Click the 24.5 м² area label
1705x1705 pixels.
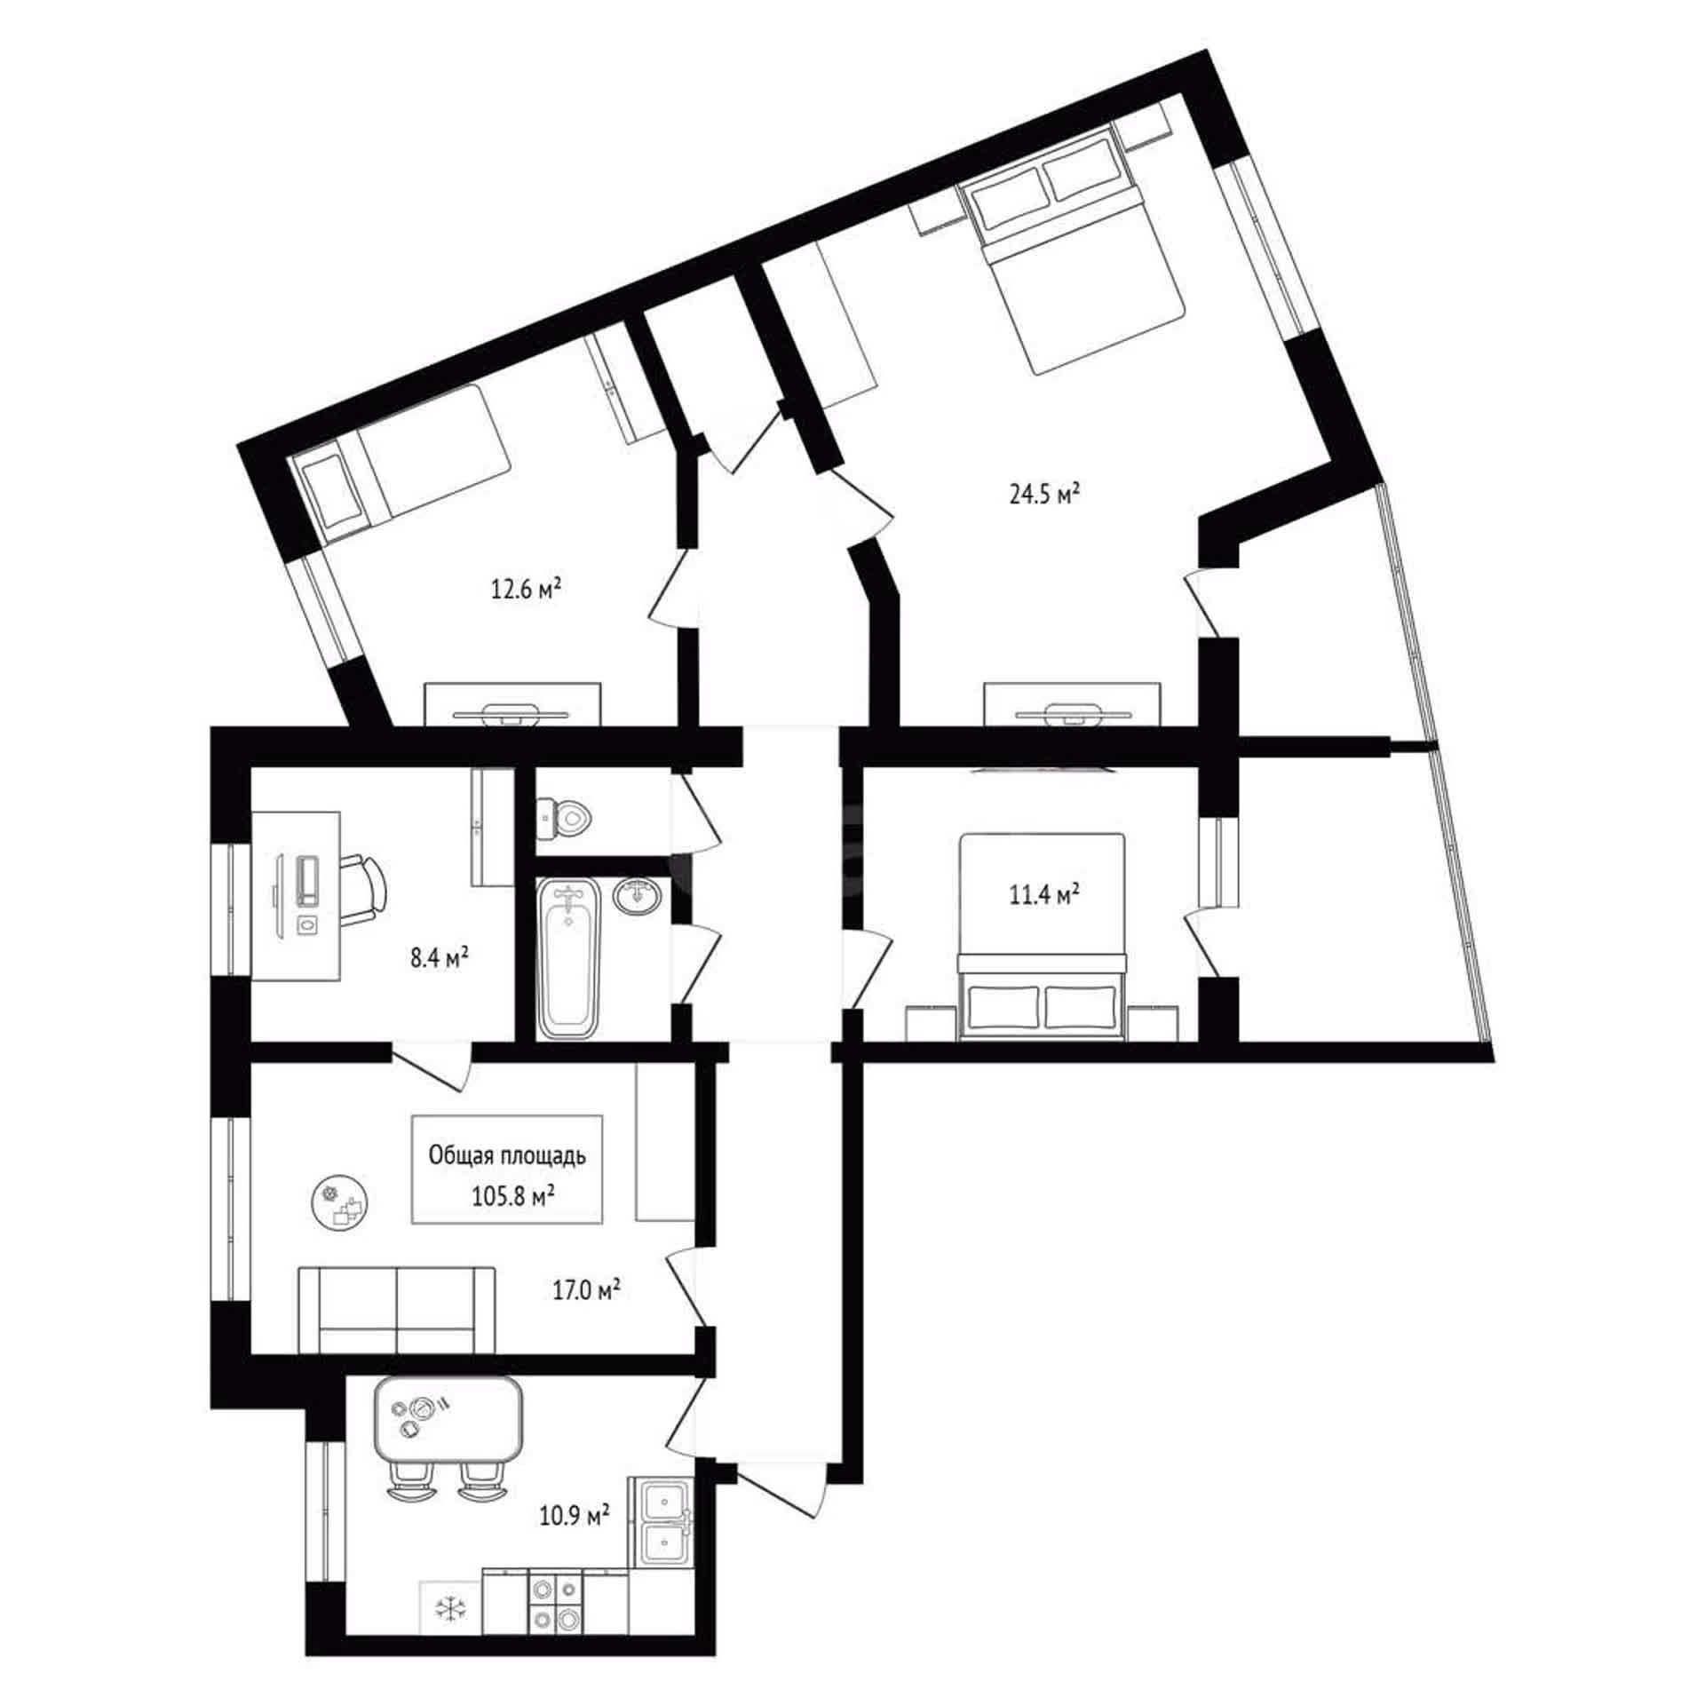click(1044, 494)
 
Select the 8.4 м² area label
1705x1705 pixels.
click(439, 958)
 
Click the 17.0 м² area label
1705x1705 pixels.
click(586, 1289)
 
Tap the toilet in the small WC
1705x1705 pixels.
click(563, 817)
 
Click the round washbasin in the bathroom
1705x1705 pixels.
click(637, 896)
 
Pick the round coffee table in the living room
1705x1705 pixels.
click(341, 1202)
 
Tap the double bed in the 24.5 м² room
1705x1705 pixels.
click(1074, 255)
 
